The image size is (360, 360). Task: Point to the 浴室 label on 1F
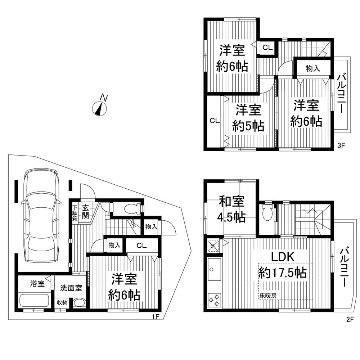click(x=37, y=283)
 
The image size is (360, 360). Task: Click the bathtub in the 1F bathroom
click(x=35, y=301)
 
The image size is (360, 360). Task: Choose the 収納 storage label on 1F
click(x=62, y=302)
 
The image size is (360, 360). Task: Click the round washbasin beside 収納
click(x=79, y=303)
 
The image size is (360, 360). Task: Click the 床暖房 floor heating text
click(x=267, y=296)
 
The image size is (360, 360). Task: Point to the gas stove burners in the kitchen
click(x=213, y=300)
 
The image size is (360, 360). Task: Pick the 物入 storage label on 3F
click(x=312, y=68)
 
